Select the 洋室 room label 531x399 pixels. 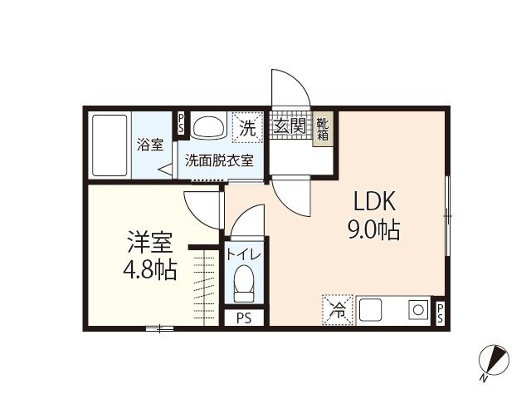(x=149, y=244)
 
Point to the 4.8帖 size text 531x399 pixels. (x=149, y=270)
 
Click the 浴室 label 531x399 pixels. (x=150, y=144)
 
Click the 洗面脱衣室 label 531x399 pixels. (x=218, y=160)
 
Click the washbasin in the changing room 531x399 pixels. (x=209, y=127)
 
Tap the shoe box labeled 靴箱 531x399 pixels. (x=322, y=130)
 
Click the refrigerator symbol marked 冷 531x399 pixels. (x=338, y=310)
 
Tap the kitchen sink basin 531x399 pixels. (x=371, y=310)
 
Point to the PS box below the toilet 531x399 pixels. (x=244, y=318)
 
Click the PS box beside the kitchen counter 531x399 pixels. (x=441, y=313)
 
